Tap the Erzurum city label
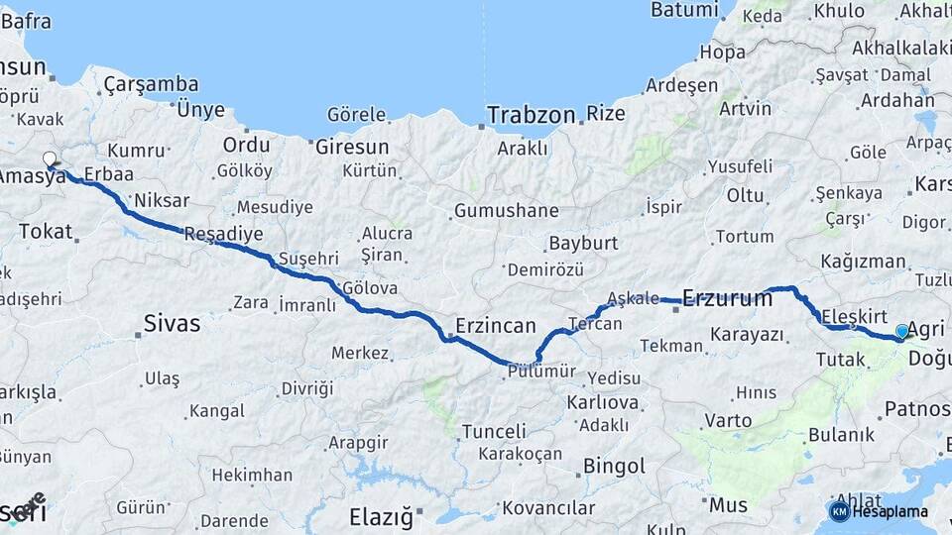pos(727,297)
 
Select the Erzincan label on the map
pos(496,325)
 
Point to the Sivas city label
pos(172,323)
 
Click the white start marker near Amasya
pos(50,159)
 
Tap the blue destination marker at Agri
pos(901,331)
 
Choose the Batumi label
pos(683,10)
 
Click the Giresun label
pos(352,147)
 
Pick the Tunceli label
pos(494,431)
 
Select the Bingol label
pos(614,466)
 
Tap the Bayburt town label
pos(583,243)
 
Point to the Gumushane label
pos(506,211)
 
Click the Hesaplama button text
pos(892,511)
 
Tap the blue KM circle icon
pos(839,511)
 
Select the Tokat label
pos(46,232)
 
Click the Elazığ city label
pos(380,516)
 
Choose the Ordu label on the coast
pos(246,145)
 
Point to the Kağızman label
pos(863,262)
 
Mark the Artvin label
pos(745,108)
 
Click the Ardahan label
pos(896,100)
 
